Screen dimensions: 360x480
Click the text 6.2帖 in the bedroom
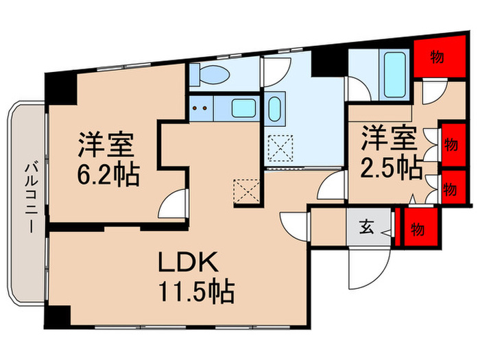point(108,176)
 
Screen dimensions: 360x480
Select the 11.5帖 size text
point(198,293)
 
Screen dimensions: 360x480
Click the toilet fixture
point(204,73)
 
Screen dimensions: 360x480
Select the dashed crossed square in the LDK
point(245,191)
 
